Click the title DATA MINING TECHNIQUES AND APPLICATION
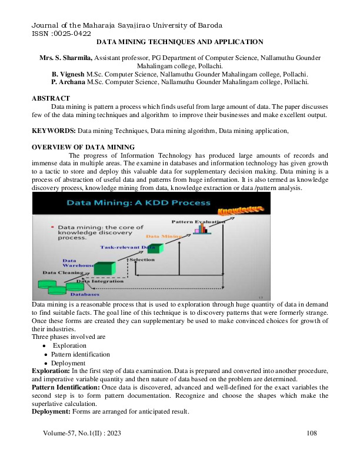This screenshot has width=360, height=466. [179, 43]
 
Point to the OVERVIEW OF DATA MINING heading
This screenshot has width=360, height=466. [83, 147]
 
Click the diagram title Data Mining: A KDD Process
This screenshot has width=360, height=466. [138, 203]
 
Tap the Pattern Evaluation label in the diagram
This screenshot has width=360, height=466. [198, 222]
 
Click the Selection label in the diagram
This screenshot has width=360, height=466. [142, 259]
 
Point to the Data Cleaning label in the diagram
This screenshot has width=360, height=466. [61, 273]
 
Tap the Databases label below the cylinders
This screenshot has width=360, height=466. [85, 294]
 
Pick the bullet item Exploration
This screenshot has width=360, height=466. [69, 346]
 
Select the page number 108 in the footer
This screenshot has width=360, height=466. [312, 434]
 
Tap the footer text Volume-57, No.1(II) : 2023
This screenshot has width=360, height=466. [81, 434]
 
